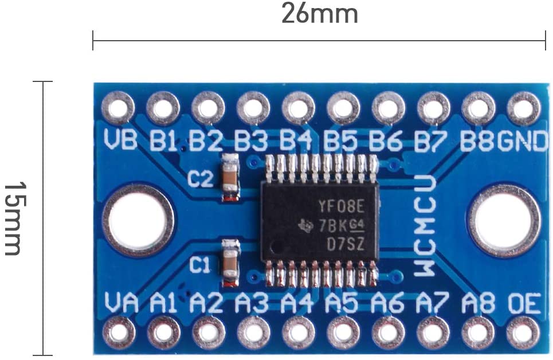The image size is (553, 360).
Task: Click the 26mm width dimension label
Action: pyautogui.click(x=319, y=14)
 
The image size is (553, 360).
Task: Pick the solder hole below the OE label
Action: pyautogui.click(x=523, y=333)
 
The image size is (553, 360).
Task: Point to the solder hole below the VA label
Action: pyautogui.click(x=119, y=333)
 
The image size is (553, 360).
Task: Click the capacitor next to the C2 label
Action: pyautogui.click(x=230, y=178)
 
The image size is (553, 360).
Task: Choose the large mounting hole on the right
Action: pyautogui.click(x=504, y=221)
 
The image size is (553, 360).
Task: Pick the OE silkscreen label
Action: pyautogui.click(x=523, y=303)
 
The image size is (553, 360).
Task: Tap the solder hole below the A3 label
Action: pyautogui.click(x=253, y=333)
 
